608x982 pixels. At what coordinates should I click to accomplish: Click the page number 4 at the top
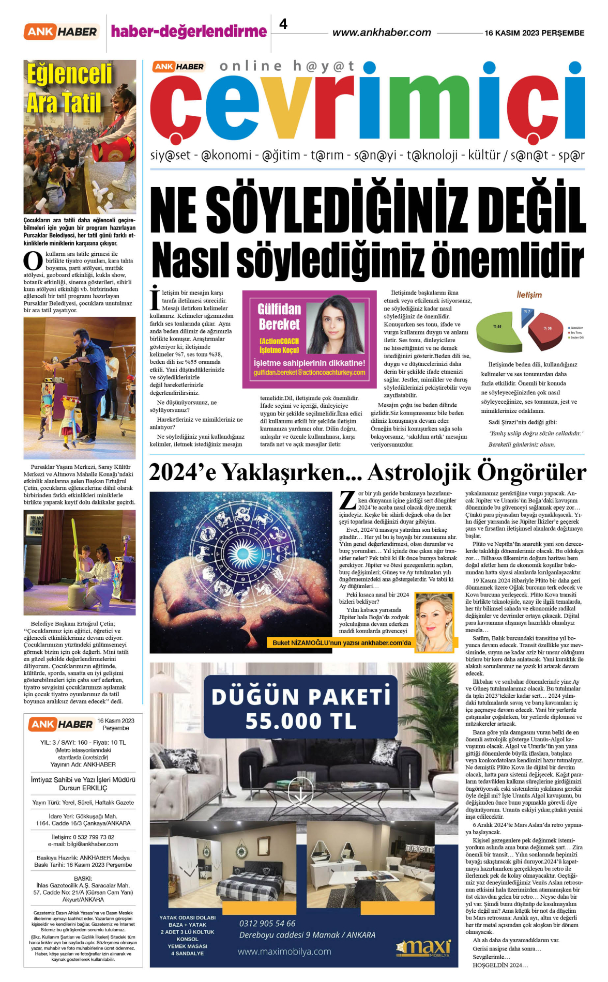283,24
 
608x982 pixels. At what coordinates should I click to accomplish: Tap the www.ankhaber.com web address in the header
382,33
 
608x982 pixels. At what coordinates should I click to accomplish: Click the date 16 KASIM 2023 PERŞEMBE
534,33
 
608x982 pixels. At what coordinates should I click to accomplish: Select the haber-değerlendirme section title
189,32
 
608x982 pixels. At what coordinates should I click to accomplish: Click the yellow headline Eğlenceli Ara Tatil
69,88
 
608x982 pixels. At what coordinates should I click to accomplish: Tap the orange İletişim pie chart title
529,295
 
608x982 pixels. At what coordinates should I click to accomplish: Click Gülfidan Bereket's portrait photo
336,326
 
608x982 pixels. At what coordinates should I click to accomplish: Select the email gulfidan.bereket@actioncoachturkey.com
309,372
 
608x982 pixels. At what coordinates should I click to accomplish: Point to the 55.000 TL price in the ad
301,721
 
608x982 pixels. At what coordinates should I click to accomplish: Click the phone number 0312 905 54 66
267,923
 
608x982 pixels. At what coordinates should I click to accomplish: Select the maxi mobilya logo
424,947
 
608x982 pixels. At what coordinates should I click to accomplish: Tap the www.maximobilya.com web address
284,951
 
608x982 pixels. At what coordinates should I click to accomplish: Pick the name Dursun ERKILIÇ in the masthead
83,788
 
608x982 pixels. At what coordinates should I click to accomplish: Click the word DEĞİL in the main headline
534,211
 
